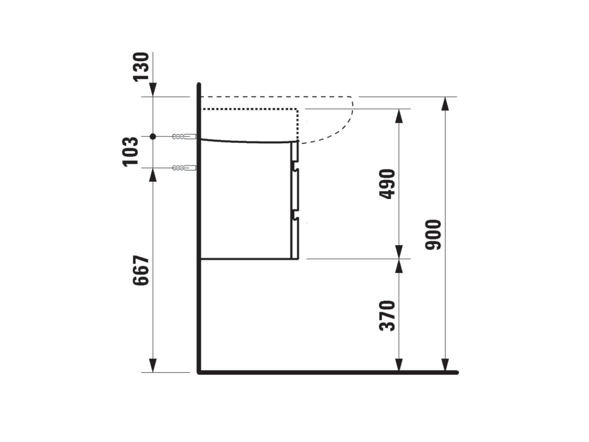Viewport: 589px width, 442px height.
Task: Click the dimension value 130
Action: [x=141, y=67]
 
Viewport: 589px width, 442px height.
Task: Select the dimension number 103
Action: [x=130, y=152]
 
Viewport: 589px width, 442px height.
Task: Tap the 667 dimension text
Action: [x=141, y=270]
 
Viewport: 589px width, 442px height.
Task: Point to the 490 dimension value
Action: [x=387, y=184]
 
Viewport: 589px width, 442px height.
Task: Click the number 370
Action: [x=387, y=316]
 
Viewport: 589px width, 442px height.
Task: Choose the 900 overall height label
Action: [x=433, y=235]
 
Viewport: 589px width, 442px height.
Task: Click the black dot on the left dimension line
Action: [x=153, y=137]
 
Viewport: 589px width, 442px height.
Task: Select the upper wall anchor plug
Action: [x=185, y=137]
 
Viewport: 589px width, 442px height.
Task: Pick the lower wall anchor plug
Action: [x=185, y=168]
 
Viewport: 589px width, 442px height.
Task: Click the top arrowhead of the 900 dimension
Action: [x=445, y=104]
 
